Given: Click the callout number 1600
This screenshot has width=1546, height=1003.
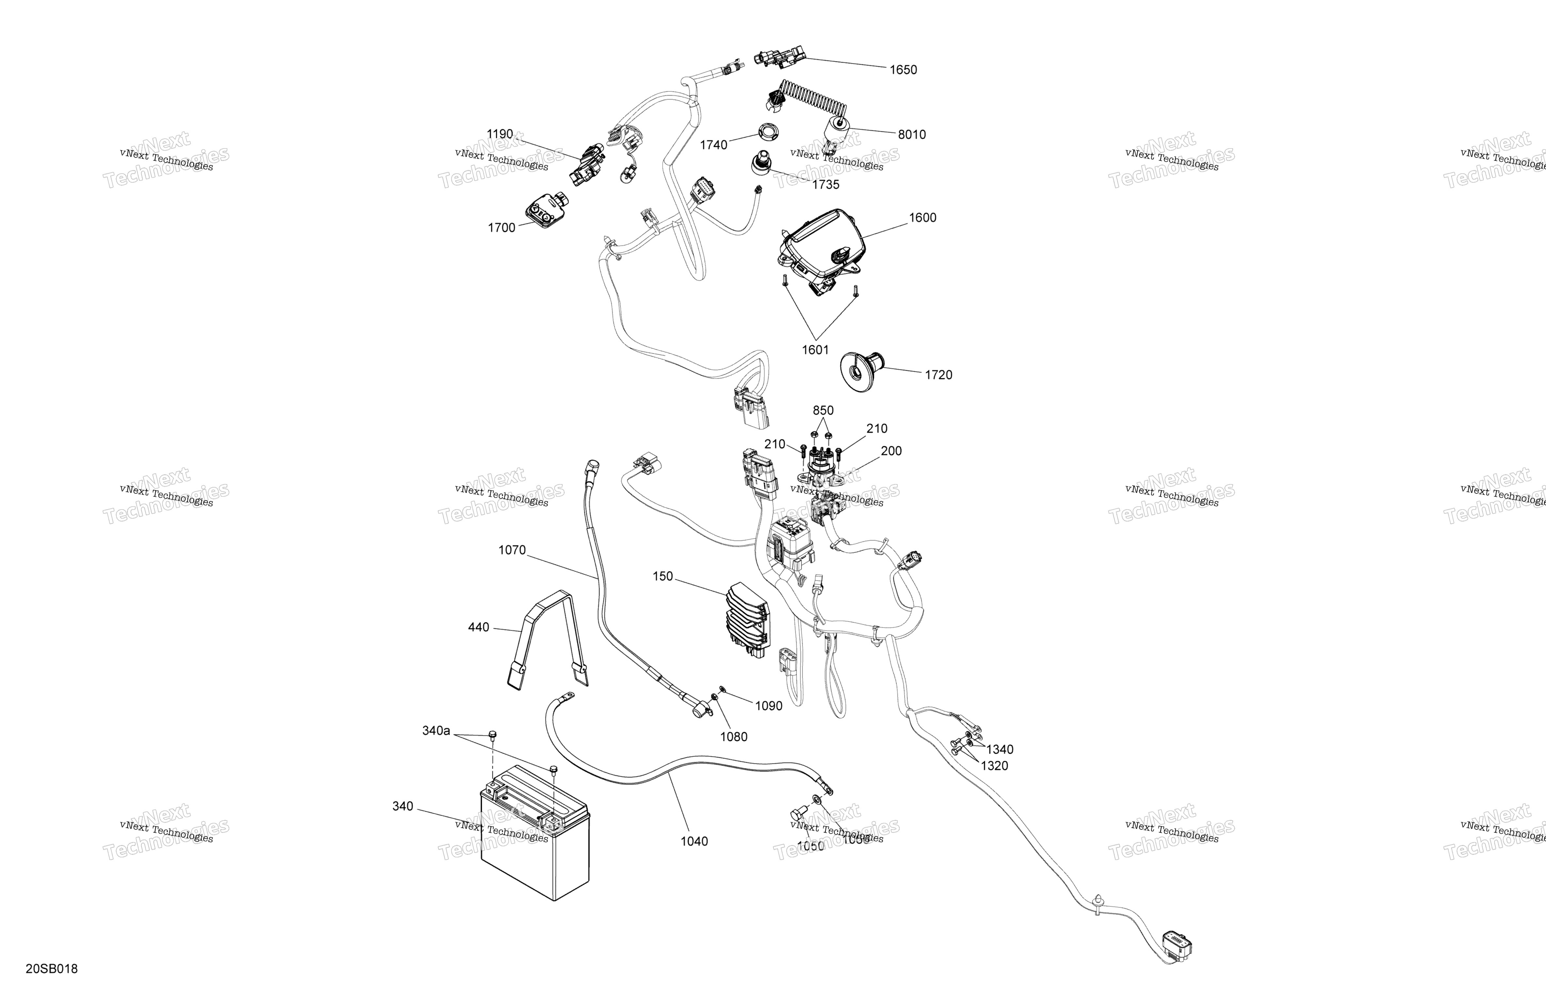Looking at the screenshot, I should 922,218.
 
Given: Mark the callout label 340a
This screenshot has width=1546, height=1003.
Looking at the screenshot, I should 436,731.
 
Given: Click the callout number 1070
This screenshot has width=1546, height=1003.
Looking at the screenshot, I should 512,551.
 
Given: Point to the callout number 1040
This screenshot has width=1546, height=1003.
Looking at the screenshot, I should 694,841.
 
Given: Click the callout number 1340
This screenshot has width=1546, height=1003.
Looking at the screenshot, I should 999,749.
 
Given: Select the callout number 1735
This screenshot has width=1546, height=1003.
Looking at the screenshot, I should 826,185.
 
